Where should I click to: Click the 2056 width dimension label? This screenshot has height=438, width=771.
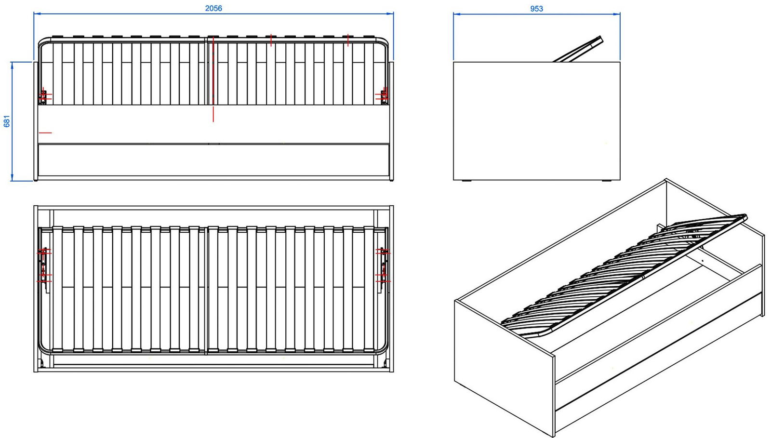213,8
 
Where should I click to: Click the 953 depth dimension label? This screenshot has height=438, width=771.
536,9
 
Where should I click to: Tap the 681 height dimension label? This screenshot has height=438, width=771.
7,121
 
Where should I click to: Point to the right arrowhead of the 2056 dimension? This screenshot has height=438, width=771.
390,14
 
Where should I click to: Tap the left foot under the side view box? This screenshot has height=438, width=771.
467,180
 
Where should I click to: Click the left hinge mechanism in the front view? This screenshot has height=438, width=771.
43,97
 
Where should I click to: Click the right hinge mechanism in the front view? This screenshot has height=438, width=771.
384,96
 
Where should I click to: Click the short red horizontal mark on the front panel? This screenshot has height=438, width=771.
45,133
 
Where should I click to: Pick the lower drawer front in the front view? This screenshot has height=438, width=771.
213,160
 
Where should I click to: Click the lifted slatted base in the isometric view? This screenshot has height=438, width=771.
623,275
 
